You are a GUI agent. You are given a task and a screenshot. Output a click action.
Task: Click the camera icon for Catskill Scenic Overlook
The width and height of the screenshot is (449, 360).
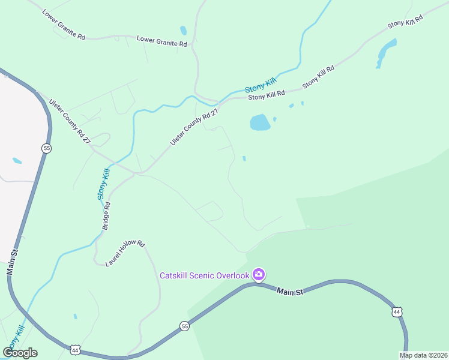coord(259,275)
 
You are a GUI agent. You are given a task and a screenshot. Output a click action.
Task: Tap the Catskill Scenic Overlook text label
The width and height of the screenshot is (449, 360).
coord(204,275)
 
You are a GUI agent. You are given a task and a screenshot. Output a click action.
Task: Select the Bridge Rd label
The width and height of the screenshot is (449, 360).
coord(106,216)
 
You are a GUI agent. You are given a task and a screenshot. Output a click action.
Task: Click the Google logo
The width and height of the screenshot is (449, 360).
coord(20,352)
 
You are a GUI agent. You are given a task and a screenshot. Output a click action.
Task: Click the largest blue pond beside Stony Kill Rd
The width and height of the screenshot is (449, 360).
coord(259,122)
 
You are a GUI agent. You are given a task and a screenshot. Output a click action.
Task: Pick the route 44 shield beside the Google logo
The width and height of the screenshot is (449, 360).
coord(74,349)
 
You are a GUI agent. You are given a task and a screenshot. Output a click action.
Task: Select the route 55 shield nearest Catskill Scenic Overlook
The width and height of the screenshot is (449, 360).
coord(184,326)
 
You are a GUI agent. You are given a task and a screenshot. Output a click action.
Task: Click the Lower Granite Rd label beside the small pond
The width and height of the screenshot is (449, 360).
coord(162,41)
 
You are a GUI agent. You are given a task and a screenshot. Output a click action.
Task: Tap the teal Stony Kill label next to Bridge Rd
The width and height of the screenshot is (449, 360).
coord(104,184)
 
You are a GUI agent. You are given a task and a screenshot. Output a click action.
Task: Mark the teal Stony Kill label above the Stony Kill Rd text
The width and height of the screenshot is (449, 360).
coord(260,84)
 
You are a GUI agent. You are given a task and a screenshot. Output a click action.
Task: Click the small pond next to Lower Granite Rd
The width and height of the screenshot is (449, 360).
coord(183,30)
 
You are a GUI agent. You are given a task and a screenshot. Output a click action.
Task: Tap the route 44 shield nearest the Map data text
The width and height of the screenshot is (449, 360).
coord(397,311)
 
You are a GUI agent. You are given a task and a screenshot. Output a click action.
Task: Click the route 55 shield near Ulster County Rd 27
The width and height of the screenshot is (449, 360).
coord(46,148)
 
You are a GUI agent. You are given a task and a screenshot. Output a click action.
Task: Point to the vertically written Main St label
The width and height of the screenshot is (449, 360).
coord(12,260)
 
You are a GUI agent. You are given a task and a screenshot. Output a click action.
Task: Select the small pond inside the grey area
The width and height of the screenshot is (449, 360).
coord(17,161)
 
